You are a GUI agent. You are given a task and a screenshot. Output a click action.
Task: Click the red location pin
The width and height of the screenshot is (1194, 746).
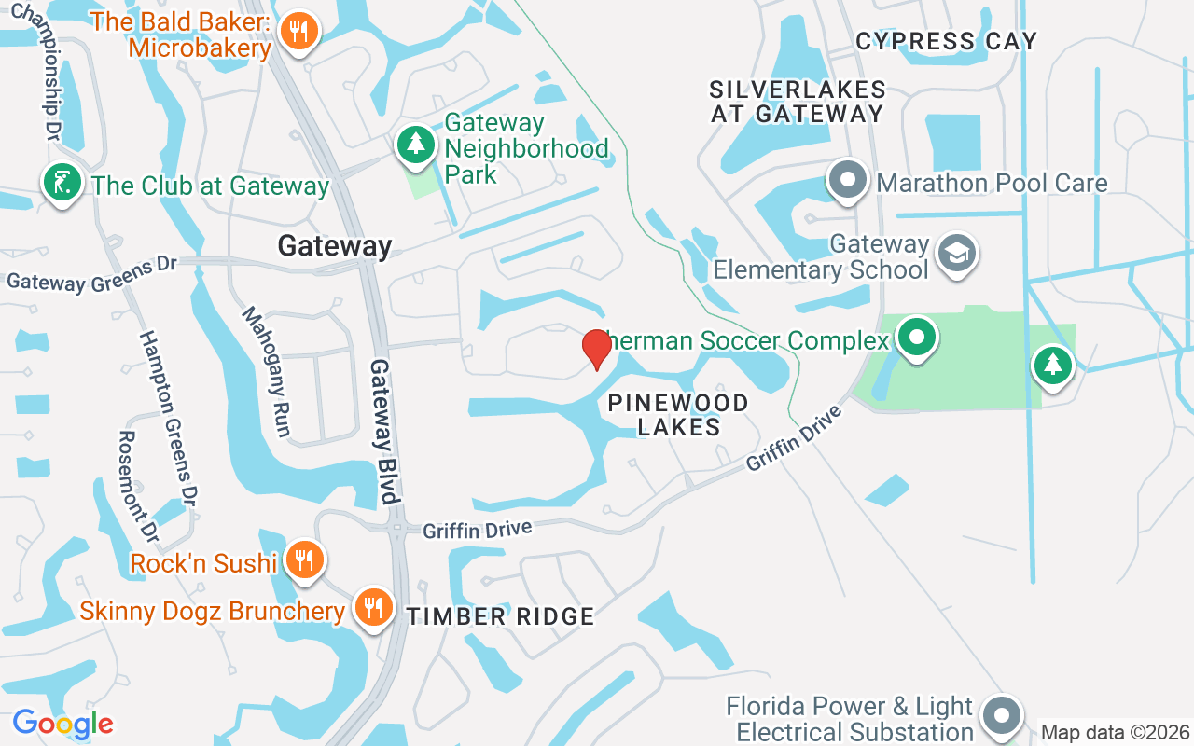pos(596,349)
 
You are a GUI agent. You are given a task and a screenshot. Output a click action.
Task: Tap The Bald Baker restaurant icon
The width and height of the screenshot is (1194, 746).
pos(298,33)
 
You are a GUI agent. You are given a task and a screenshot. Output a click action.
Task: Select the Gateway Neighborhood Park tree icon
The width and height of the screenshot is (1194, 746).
pos(416,144)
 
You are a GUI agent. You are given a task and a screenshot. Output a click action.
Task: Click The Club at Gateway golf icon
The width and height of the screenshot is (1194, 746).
pos(62,183)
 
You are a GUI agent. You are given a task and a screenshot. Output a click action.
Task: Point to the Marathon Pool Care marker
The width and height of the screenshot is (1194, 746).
pos(848,180)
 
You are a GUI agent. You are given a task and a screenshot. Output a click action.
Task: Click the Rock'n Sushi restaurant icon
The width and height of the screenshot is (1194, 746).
pos(304,560)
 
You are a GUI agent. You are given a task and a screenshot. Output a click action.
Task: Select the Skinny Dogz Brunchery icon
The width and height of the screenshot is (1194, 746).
pos(373,608)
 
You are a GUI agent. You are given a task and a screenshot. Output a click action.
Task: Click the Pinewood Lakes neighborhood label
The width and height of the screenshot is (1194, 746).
pos(678,415)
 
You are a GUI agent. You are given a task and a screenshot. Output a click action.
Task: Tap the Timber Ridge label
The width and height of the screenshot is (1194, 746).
pos(500,616)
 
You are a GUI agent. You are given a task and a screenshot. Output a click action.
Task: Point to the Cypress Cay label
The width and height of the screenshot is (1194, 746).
pos(946,41)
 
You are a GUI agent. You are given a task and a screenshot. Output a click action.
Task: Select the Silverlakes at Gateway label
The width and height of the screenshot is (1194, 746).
pos(798,102)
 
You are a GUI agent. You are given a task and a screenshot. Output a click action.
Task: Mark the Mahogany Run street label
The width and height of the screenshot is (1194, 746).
pos(267,371)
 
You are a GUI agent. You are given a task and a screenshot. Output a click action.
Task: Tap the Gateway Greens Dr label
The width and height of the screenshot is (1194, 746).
pos(91,274)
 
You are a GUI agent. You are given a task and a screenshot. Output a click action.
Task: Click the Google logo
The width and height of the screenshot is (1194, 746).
pos(62,724)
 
